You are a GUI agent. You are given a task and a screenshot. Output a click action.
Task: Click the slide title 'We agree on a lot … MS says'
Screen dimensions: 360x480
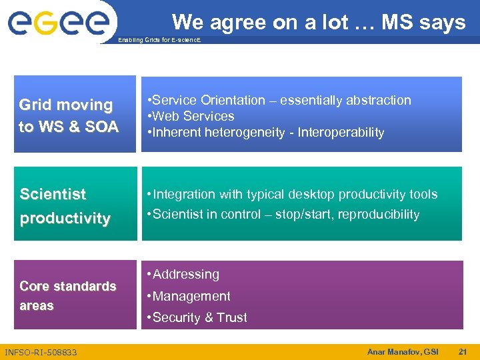319,23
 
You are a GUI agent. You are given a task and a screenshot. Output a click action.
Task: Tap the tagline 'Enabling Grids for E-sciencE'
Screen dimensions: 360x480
159,40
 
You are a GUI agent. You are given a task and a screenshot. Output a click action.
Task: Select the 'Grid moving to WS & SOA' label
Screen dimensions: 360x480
69,115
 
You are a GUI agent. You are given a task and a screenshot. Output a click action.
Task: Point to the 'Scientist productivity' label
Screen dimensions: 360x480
65,206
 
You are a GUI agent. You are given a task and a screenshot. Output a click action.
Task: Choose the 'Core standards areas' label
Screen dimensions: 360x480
67,295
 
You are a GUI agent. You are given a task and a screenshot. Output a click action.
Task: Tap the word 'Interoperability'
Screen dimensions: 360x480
341,132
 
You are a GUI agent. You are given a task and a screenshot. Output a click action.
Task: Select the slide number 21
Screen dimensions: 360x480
463,351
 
